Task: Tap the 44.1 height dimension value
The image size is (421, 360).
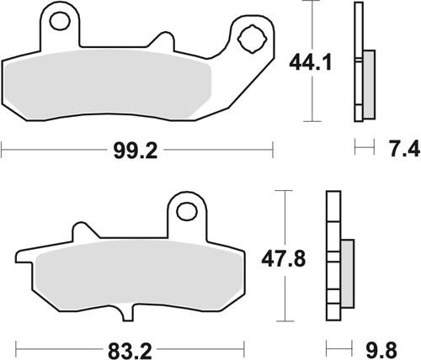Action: [x=307, y=62]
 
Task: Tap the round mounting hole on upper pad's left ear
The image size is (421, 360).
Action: [x=58, y=17]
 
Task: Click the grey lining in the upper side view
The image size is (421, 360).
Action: [x=368, y=84]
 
